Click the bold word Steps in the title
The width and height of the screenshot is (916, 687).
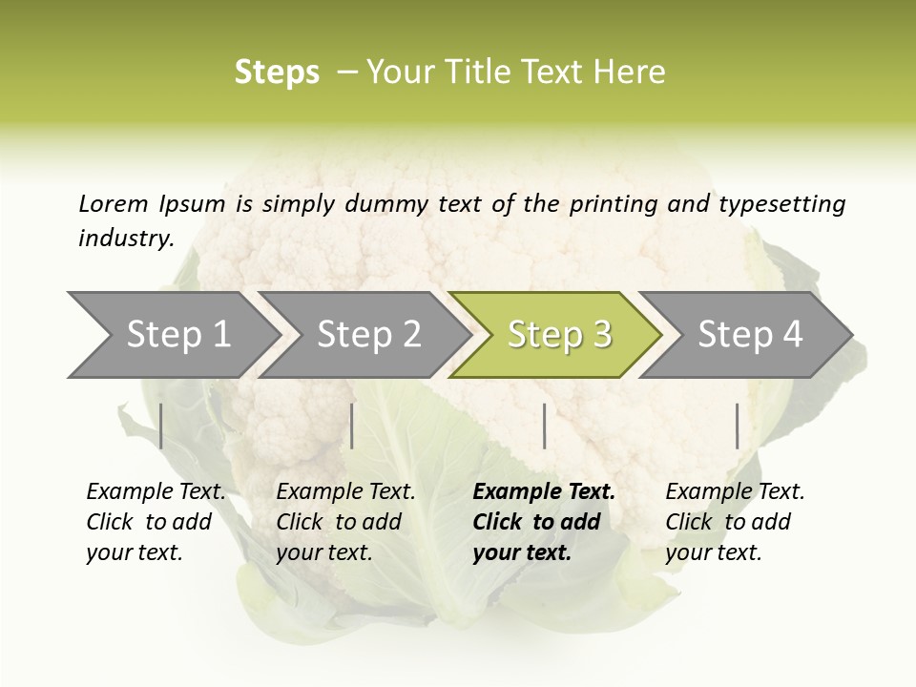(x=277, y=72)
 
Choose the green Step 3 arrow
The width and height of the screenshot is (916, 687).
(x=558, y=334)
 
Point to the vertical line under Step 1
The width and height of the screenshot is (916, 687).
(x=161, y=426)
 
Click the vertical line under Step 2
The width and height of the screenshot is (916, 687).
(x=352, y=426)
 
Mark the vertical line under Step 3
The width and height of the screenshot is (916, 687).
(x=544, y=426)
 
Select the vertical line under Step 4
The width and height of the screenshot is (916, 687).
(x=737, y=426)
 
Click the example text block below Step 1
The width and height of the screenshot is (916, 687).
(x=156, y=522)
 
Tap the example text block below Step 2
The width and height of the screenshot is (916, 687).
(x=345, y=522)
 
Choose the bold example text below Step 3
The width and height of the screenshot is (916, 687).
(x=544, y=522)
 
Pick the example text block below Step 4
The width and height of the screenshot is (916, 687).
(x=735, y=522)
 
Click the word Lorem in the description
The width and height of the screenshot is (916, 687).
(x=114, y=203)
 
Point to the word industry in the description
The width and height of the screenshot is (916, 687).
(x=126, y=238)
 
